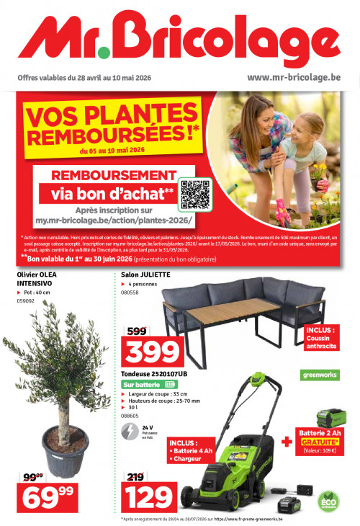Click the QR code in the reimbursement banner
pyautogui.click(x=194, y=194)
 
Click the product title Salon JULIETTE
pyautogui.click(x=146, y=275)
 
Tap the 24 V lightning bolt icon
pyautogui.click(x=130, y=431)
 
